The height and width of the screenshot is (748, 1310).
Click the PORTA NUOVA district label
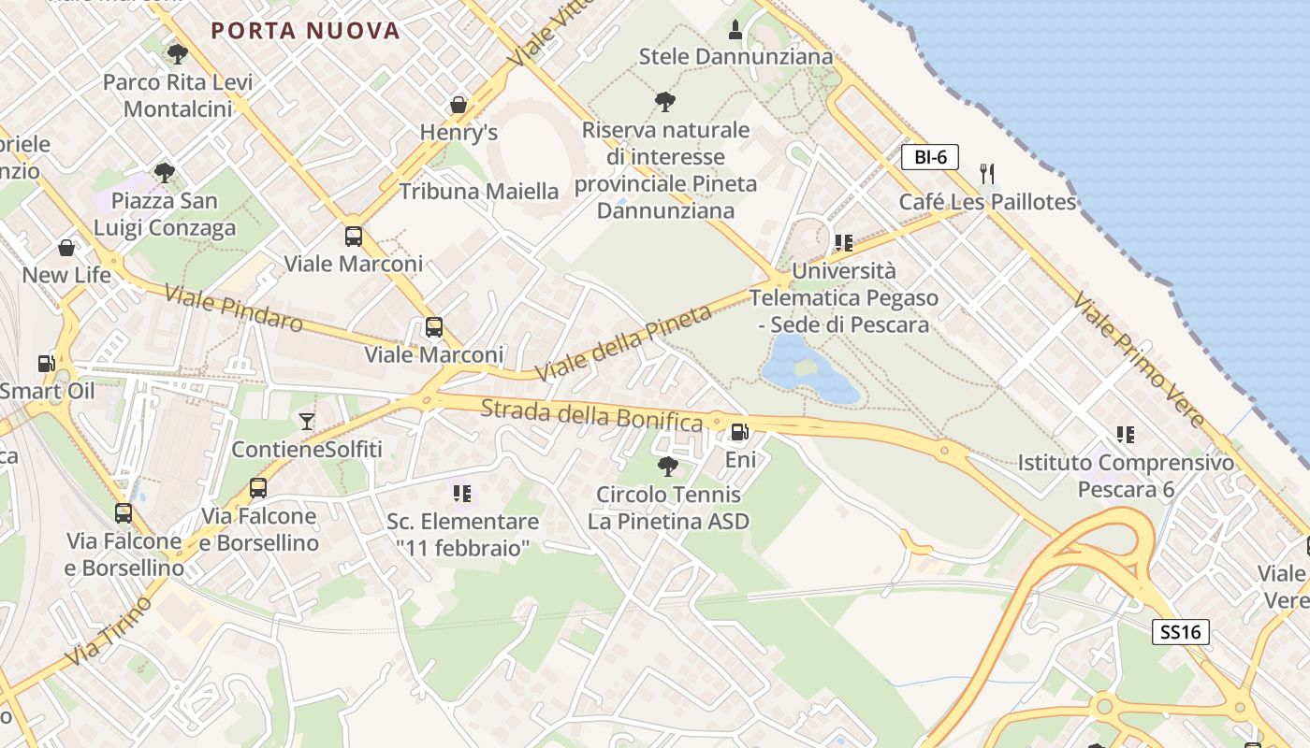[305, 31]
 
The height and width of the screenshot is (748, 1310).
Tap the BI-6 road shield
[930, 157]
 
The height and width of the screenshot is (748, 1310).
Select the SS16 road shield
[1180, 632]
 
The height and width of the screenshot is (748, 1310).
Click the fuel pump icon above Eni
[739, 431]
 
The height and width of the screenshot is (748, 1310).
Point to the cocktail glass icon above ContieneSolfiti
[307, 421]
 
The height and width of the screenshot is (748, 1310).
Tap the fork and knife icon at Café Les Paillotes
[987, 173]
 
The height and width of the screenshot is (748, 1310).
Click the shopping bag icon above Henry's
[458, 104]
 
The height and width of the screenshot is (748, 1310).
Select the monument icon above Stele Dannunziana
[735, 29]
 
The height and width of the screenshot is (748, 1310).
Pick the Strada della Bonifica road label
[591, 414]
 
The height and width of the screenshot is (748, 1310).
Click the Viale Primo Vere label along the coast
[1139, 359]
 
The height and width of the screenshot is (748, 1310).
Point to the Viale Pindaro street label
[234, 309]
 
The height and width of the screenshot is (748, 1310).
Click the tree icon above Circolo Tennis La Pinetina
[667, 466]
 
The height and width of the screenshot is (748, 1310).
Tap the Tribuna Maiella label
[479, 192]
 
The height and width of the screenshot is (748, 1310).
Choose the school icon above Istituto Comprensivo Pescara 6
[1126, 434]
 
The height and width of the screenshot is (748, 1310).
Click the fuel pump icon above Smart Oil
[45, 363]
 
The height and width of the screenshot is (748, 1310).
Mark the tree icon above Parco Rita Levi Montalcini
[177, 54]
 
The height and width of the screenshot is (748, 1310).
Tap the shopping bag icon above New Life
[66, 248]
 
